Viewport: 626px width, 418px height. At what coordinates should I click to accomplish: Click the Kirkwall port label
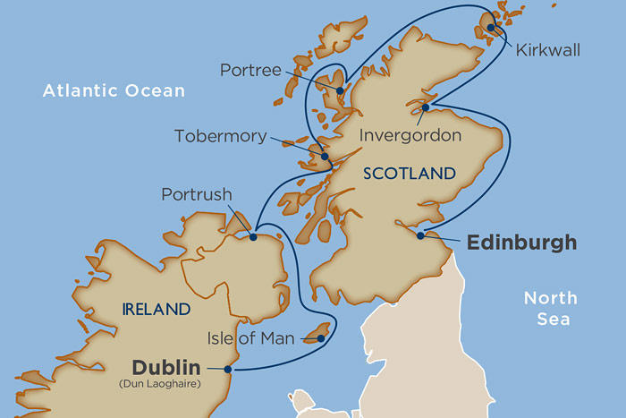[x=548, y=50]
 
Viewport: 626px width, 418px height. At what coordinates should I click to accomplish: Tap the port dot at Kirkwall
[x=491, y=28]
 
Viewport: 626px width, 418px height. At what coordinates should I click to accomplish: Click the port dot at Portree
[x=340, y=90]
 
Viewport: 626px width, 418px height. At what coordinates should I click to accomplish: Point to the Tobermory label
[x=220, y=136]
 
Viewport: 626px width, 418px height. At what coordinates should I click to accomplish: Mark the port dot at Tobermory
[x=325, y=157]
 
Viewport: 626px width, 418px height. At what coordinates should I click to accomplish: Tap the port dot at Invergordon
[x=426, y=108]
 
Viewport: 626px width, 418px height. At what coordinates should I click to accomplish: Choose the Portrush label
[x=197, y=194]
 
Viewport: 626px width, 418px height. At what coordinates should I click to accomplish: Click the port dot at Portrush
[x=253, y=237]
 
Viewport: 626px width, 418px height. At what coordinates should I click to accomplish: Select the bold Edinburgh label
[x=521, y=243]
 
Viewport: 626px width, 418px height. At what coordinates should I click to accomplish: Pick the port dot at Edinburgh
[x=420, y=236]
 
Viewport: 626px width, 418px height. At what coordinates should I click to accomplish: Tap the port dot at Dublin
[x=228, y=369]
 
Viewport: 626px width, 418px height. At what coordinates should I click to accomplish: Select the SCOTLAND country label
[x=410, y=175]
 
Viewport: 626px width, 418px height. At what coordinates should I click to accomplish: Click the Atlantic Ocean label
[x=114, y=90]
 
